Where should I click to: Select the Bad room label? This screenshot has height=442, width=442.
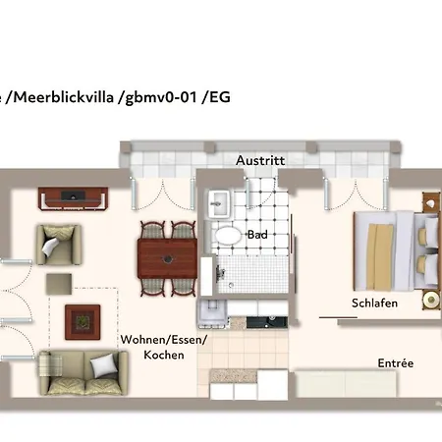(257, 236)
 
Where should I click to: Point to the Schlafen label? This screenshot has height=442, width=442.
(374, 304)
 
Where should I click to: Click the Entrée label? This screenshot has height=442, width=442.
(395, 362)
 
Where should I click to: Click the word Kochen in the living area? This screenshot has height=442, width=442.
(163, 355)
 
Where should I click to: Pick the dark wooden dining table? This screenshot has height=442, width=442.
(167, 258)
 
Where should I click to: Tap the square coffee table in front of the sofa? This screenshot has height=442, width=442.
(82, 319)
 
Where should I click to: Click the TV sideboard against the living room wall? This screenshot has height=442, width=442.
(74, 197)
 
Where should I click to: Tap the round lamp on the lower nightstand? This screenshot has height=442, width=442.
(430, 299)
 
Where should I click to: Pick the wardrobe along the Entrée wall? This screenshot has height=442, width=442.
(344, 383)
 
